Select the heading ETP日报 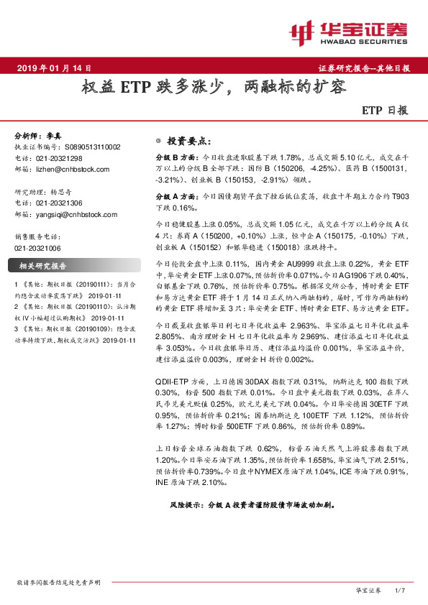[384, 112]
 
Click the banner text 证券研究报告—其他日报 [364, 68]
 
